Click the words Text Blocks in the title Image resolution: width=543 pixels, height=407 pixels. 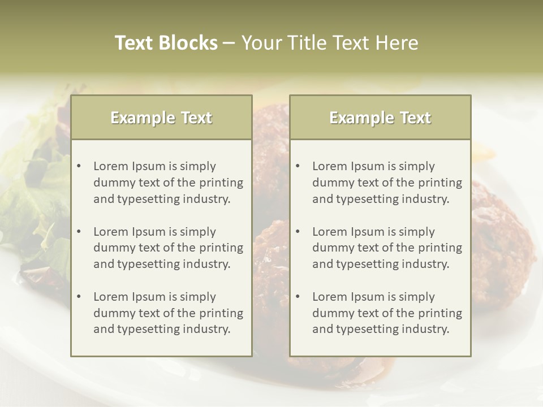pyautogui.click(x=166, y=43)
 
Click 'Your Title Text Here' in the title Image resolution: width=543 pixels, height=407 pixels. pyautogui.click(x=330, y=43)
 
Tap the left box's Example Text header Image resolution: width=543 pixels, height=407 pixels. pyautogui.click(x=161, y=118)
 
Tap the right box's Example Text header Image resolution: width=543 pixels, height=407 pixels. pyautogui.click(x=380, y=118)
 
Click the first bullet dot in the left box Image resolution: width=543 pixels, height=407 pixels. pyautogui.click(x=79, y=166)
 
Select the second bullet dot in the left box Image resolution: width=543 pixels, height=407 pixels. pyautogui.click(x=79, y=232)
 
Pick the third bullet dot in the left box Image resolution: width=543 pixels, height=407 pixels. pyautogui.click(x=79, y=297)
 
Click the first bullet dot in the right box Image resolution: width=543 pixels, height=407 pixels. pyautogui.click(x=298, y=166)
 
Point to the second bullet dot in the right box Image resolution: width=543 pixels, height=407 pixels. pyautogui.click(x=298, y=232)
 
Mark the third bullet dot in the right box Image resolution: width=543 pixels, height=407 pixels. pyautogui.click(x=298, y=297)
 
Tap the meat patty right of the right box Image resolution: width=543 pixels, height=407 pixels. pyautogui.click(x=498, y=237)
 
